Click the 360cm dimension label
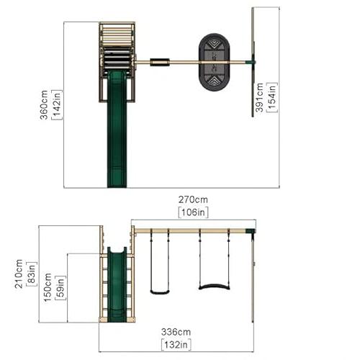click(44, 105)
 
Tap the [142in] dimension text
click(57, 104)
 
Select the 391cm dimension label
click(259, 97)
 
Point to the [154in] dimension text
click(272, 97)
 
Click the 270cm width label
click(193, 199)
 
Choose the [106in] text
click(193, 212)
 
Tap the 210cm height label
click(19, 274)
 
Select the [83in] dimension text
click(32, 274)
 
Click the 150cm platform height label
click(48, 287)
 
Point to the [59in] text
click(60, 287)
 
